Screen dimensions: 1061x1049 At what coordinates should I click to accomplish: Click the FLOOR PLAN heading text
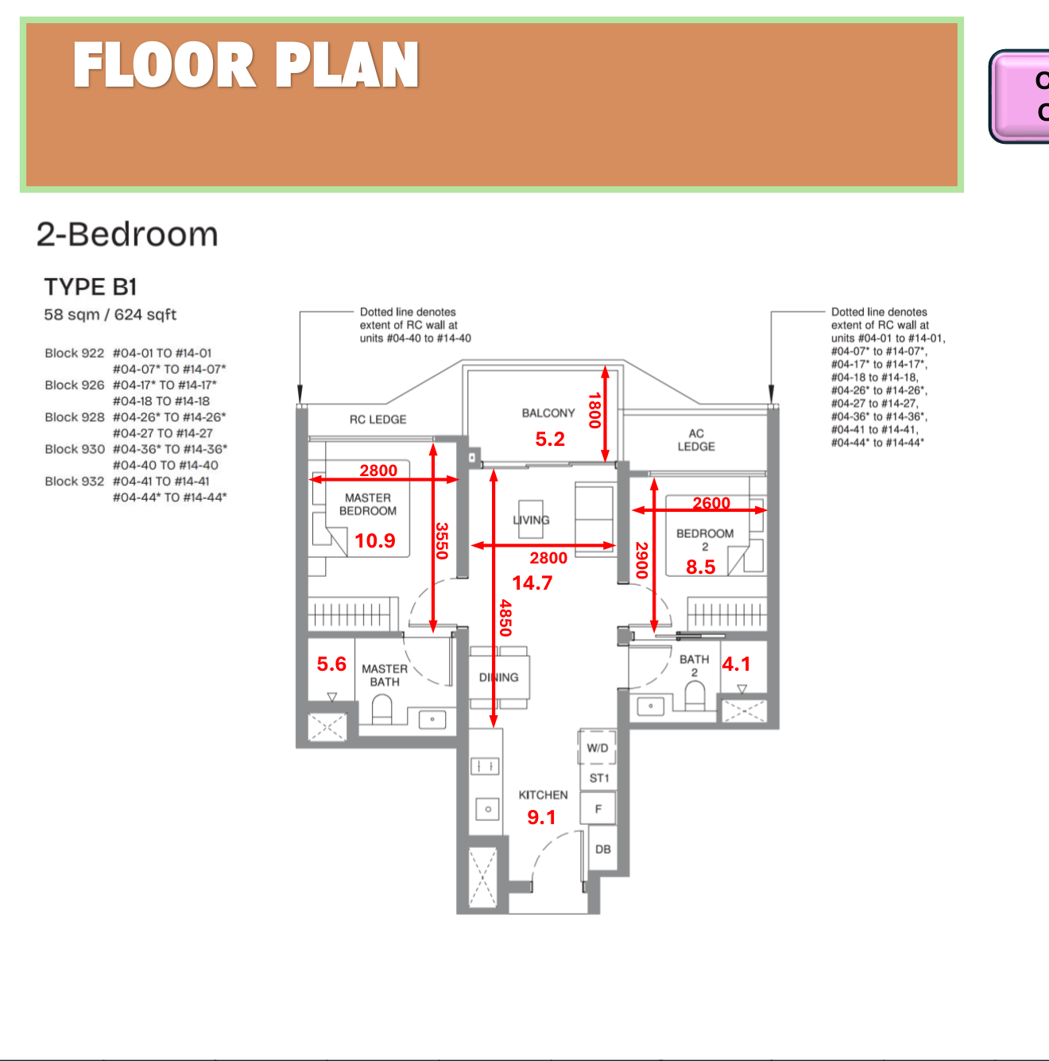246,65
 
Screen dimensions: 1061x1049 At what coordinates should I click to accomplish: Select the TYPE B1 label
91,287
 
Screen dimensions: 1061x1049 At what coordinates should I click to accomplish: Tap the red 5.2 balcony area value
550,439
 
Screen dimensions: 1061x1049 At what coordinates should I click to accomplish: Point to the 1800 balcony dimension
594,410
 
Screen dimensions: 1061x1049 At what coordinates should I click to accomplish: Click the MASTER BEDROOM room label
368,504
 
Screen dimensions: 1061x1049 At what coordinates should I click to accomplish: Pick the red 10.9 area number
374,541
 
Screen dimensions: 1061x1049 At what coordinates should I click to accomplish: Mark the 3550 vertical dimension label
443,540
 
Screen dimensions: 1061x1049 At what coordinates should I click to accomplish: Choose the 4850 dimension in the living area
505,618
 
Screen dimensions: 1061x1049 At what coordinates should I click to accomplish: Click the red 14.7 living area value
532,583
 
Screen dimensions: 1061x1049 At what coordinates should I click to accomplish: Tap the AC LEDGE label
696,440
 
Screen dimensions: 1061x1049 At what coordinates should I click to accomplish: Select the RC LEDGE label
377,420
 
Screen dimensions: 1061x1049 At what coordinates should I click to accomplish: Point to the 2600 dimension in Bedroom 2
711,503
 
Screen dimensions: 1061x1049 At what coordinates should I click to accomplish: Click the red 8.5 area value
700,567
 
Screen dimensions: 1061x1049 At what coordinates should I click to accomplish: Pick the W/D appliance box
598,748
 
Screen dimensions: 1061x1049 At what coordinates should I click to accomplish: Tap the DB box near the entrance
603,849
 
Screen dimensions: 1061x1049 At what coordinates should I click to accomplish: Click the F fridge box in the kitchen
598,809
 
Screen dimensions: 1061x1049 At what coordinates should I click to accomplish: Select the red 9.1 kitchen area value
541,818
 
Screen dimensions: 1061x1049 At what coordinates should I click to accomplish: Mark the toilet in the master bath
382,709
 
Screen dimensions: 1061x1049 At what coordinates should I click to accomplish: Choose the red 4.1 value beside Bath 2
736,664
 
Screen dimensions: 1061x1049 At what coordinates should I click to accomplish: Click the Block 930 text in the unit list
75,449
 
